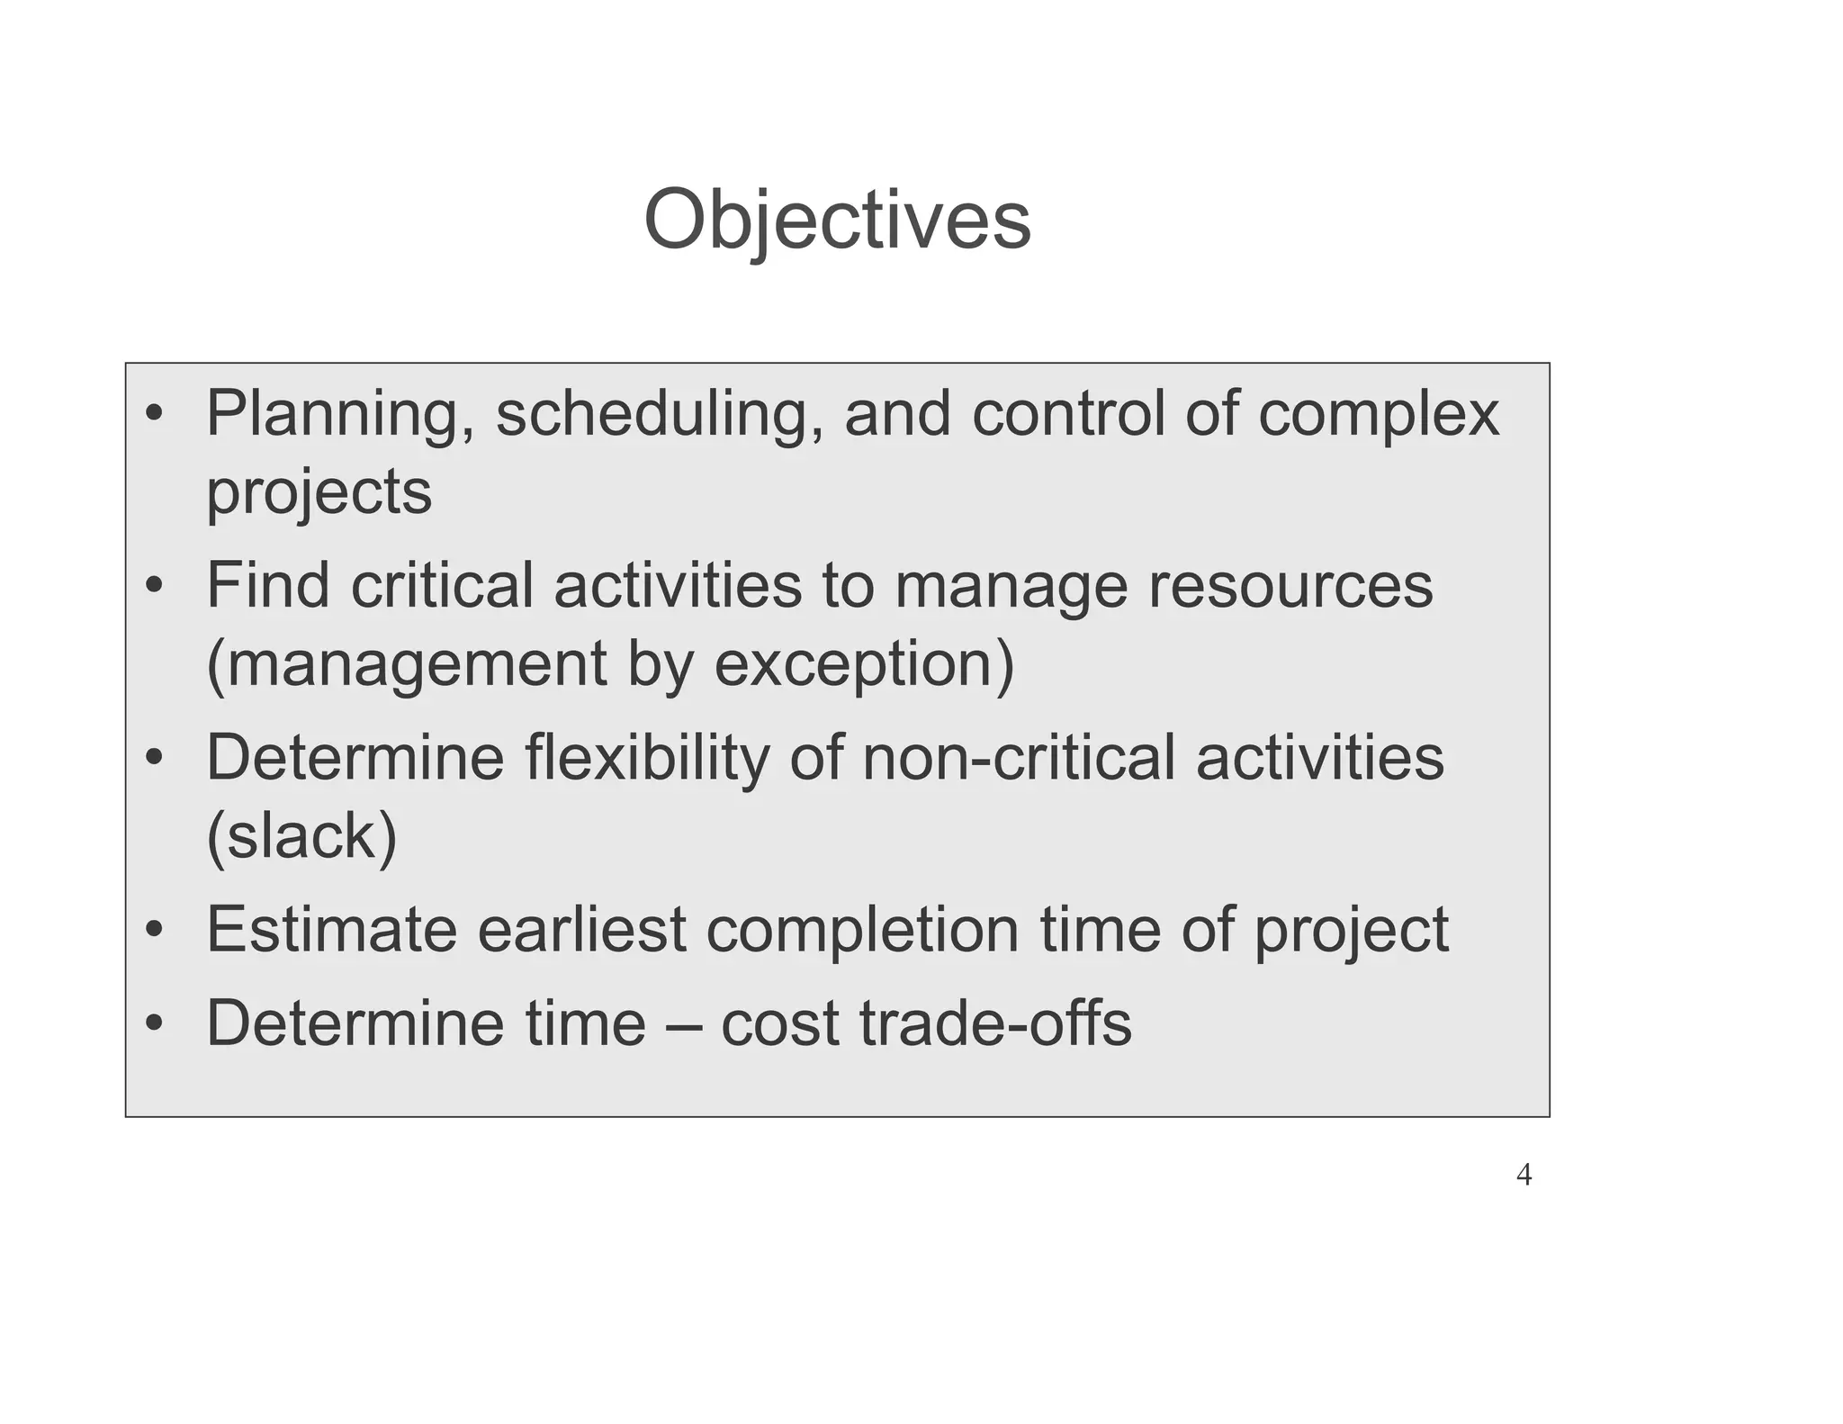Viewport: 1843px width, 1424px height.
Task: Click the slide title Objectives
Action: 837,221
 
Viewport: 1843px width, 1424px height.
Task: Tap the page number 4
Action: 1524,1175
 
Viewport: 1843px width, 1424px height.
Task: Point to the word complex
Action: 1378,415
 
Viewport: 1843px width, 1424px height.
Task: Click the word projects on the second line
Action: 319,492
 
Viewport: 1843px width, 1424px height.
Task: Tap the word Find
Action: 267,586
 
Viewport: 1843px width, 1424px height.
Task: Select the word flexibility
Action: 645,758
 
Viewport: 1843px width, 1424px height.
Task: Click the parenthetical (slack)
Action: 301,836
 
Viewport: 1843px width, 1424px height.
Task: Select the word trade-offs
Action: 995,1024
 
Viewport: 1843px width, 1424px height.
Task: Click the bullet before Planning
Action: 155,416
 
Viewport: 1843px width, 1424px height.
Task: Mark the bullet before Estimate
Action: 155,931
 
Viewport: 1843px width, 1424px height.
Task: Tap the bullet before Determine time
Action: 155,1025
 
